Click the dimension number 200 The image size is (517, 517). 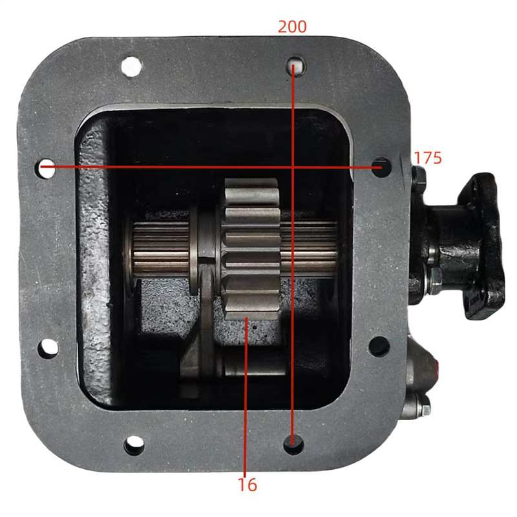[292, 26]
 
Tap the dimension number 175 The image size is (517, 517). [428, 158]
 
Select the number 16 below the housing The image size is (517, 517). [247, 484]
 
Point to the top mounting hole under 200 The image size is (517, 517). [295, 65]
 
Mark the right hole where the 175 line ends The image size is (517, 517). [381, 166]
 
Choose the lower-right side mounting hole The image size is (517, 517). [379, 346]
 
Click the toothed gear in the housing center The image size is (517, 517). [252, 249]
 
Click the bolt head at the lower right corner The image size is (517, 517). [423, 405]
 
